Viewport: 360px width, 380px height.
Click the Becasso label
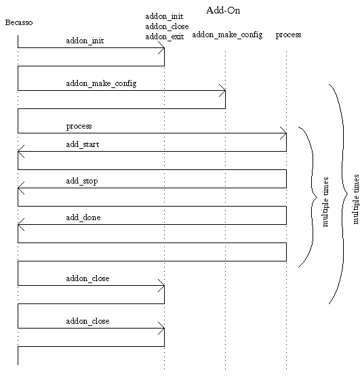19,22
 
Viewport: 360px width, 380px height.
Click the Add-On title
223,10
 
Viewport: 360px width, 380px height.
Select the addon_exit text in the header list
165,37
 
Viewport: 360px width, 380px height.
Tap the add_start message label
83,144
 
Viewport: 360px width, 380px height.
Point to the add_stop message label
82,181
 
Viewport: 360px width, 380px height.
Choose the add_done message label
83,217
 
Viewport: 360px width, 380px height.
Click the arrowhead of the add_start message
20,152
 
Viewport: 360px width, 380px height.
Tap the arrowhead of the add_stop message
20,188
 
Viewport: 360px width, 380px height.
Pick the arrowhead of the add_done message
20,224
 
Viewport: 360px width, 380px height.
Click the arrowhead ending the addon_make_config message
223,90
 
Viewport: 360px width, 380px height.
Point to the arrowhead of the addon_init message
162,47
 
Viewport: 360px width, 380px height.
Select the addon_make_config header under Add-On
227,35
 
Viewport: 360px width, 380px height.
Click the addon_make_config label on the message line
101,83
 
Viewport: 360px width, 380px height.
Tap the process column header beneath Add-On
288,35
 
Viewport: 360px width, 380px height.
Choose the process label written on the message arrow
79,126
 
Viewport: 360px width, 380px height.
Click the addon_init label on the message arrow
85,41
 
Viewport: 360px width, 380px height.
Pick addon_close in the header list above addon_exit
167,26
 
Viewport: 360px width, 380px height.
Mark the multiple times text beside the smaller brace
325,202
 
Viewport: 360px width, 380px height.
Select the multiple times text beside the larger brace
356,199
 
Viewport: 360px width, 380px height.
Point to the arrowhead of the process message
284,133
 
